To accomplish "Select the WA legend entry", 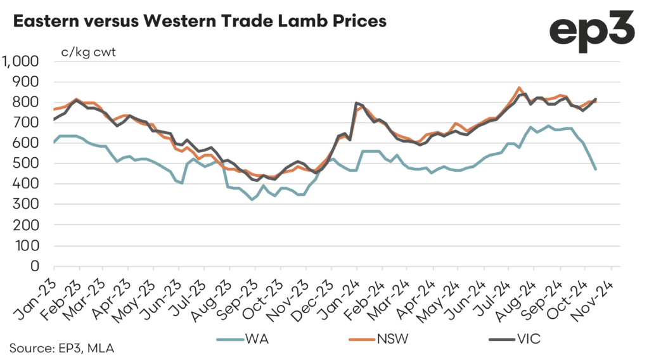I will pos(254,339).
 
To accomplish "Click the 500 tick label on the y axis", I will pos(27,164).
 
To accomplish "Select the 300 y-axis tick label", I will pos(27,204).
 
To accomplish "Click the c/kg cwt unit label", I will pos(89,51).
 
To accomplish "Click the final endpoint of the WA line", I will pos(595,169).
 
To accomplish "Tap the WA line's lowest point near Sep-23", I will pos(252,200).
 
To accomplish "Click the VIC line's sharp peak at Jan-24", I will pos(357,103).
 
